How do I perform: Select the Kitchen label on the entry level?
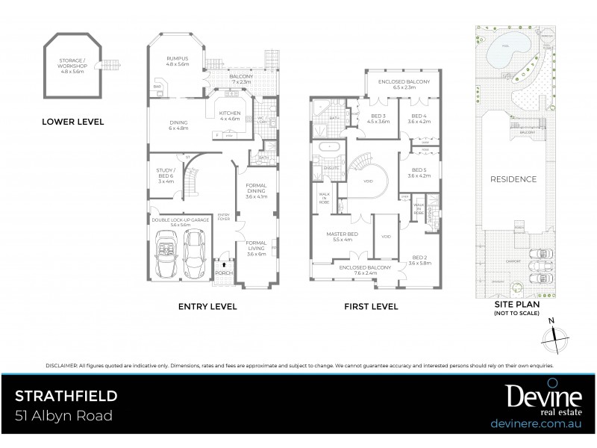click(229, 115)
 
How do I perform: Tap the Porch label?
click(224, 273)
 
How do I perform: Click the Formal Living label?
click(255, 249)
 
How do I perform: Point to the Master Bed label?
click(340, 237)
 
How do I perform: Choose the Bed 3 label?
click(379, 119)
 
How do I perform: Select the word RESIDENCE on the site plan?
click(513, 179)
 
